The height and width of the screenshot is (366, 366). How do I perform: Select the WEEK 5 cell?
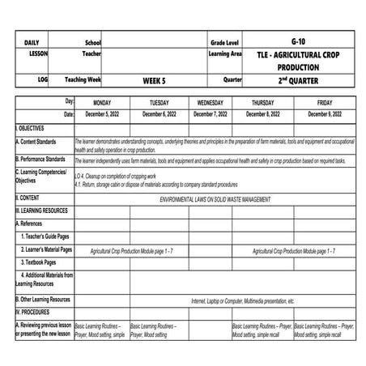pyautogui.click(x=154, y=81)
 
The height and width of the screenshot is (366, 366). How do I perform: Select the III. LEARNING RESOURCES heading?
pyautogui.click(x=45, y=210)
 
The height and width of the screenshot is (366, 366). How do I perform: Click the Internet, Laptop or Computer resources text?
pyautogui.click(x=243, y=300)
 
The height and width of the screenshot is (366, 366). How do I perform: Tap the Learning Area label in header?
pyautogui.click(x=225, y=53)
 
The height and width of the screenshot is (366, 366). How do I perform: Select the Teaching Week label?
pyautogui.click(x=83, y=80)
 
